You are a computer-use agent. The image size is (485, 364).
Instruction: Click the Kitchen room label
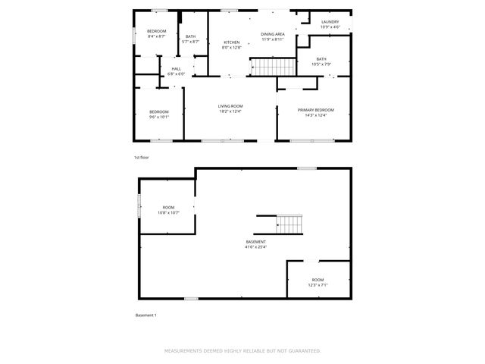(x=231, y=42)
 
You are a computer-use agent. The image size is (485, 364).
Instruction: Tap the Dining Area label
(x=273, y=34)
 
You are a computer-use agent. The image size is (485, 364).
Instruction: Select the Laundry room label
(x=330, y=22)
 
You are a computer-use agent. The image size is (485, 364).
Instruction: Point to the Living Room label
(x=230, y=106)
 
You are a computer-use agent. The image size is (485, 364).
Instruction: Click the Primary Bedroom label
(x=315, y=110)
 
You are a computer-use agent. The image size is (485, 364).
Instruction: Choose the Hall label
(x=176, y=68)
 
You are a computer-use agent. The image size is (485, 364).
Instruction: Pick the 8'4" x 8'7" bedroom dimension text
(x=157, y=36)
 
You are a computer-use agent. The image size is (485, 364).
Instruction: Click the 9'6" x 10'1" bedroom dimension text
(x=159, y=117)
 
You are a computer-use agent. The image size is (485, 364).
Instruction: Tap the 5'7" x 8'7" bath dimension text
(x=190, y=41)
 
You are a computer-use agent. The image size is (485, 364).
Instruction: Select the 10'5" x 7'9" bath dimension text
(x=321, y=64)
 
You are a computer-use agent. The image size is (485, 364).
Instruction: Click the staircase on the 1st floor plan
(x=266, y=68)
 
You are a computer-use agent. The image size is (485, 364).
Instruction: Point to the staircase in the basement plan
(x=289, y=223)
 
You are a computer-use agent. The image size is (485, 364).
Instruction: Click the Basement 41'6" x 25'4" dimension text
(x=255, y=246)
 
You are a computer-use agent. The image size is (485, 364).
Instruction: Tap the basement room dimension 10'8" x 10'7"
(x=168, y=212)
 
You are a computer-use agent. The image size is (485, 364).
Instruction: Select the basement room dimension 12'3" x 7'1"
(x=318, y=285)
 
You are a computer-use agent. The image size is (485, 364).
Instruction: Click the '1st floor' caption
(x=142, y=157)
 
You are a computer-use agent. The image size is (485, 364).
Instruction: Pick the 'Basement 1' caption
(x=145, y=315)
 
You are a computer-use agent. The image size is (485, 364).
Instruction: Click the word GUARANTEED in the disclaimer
(x=300, y=351)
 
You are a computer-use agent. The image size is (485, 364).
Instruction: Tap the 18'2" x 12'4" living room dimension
(x=230, y=111)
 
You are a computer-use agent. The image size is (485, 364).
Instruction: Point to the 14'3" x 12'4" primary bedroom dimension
(x=315, y=115)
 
